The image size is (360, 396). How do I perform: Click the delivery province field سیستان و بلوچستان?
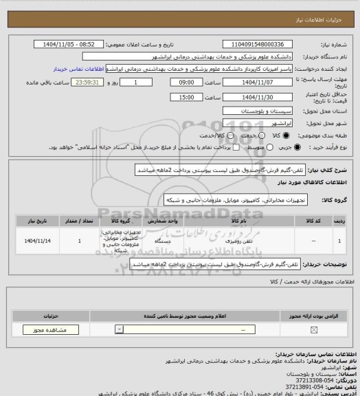256,110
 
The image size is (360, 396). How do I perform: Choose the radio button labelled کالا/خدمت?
226,135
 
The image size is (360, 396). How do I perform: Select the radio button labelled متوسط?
267,147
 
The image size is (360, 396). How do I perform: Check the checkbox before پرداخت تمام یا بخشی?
236,147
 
